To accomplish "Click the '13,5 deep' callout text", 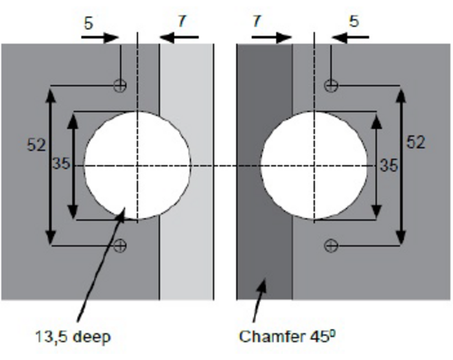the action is [73, 337].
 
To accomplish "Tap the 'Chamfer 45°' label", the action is [288, 336].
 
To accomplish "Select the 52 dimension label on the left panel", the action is [36, 144].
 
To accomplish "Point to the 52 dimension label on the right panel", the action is [416, 142].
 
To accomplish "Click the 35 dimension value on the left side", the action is [61, 164].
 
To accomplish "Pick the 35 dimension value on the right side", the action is [389, 166].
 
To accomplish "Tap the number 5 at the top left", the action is [89, 23].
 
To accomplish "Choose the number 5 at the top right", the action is [354, 21].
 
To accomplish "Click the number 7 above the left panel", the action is [182, 21].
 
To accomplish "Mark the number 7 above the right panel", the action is [257, 21].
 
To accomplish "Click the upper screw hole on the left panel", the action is [119, 86].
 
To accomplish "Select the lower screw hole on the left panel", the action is [119, 246].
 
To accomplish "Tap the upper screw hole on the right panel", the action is [331, 86].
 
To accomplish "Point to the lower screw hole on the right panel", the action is [331, 246].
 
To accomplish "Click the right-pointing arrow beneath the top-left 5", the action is [100, 37].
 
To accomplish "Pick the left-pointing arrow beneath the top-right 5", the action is [350, 37].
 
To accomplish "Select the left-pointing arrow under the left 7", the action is [179, 37].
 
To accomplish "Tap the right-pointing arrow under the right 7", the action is [272, 37].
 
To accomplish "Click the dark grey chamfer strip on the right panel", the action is [265, 172].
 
